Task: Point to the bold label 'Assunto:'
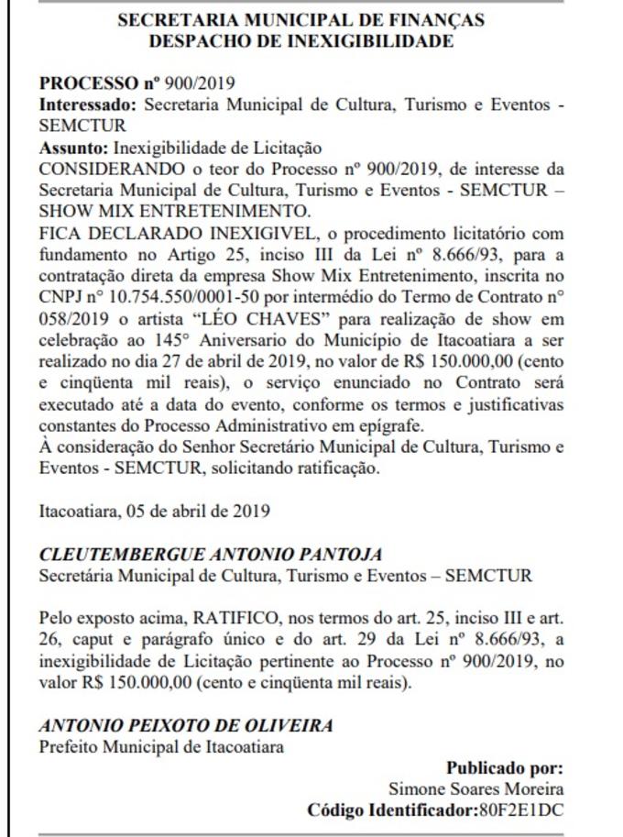73,147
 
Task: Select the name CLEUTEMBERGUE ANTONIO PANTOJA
210,555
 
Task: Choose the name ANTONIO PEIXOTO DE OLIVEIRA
185,725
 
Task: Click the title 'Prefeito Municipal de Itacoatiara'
161,746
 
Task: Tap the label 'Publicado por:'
505,768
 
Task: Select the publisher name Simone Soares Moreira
476,789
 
